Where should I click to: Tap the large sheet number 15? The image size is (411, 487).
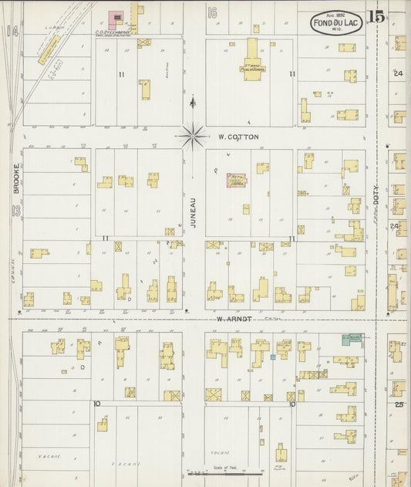(x=376, y=16)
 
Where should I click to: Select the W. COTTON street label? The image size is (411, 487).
(x=238, y=137)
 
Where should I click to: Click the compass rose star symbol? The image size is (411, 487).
(x=194, y=137)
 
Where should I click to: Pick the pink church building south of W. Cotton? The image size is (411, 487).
(x=236, y=181)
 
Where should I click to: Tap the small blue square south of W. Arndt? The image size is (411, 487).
(x=272, y=357)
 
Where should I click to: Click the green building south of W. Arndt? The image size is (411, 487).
(x=352, y=338)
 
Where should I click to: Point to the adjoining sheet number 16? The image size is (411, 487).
(x=212, y=12)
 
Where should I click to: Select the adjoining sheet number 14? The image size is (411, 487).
(x=11, y=31)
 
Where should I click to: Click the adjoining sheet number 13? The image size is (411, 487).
(x=12, y=211)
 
